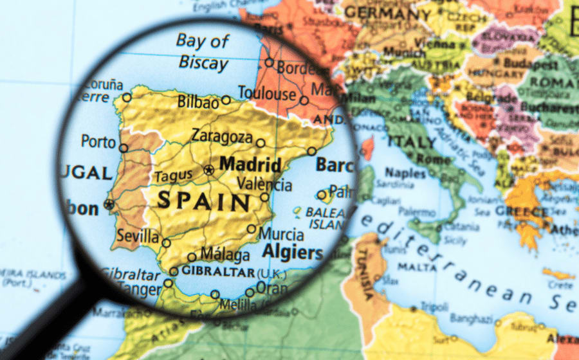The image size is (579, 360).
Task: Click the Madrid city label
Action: (x=250, y=165)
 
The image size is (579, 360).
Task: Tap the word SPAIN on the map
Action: (x=204, y=201)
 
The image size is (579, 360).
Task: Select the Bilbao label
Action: (x=198, y=101)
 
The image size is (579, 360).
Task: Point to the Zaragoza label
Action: (x=221, y=136)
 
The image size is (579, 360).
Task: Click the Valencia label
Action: (x=264, y=184)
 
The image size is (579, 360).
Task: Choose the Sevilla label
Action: (x=137, y=237)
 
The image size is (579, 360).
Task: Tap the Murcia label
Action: (x=282, y=233)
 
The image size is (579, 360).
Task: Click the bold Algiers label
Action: (x=292, y=252)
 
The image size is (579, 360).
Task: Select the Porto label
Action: (x=98, y=141)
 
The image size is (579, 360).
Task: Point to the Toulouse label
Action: (x=266, y=94)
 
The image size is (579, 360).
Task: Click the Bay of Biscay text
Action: (x=203, y=52)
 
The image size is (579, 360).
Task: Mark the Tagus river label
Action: (x=170, y=176)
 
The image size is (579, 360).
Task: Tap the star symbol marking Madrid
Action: (x=208, y=170)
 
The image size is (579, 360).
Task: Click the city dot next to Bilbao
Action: (x=226, y=100)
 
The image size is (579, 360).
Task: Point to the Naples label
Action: (x=405, y=173)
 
